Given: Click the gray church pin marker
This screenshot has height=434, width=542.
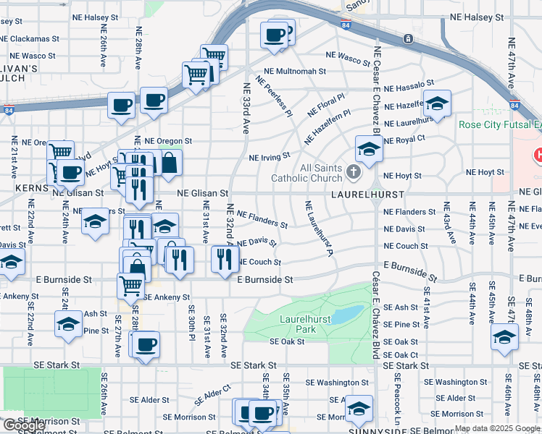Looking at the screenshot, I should pos(354,171).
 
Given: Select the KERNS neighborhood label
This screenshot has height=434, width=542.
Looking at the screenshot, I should pos(31,187).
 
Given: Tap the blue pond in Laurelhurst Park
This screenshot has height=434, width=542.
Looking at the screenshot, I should pos(349,314).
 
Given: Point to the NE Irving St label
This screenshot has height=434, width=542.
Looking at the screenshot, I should pos(269,156).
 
